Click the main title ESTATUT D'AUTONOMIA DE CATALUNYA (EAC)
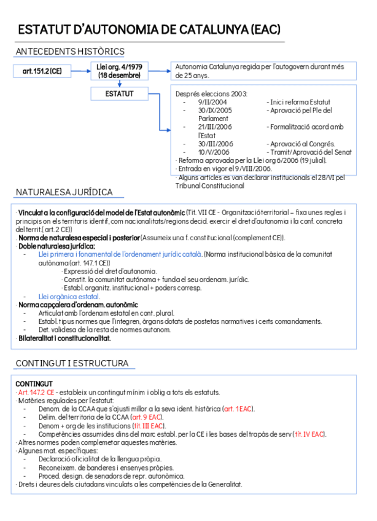149,29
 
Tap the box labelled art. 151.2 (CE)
42,72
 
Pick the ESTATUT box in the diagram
119,93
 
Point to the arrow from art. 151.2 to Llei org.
80,72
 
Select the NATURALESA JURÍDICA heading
64,192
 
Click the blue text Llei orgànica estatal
69,296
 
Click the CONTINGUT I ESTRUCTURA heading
72,363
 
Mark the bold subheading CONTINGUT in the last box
34,383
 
